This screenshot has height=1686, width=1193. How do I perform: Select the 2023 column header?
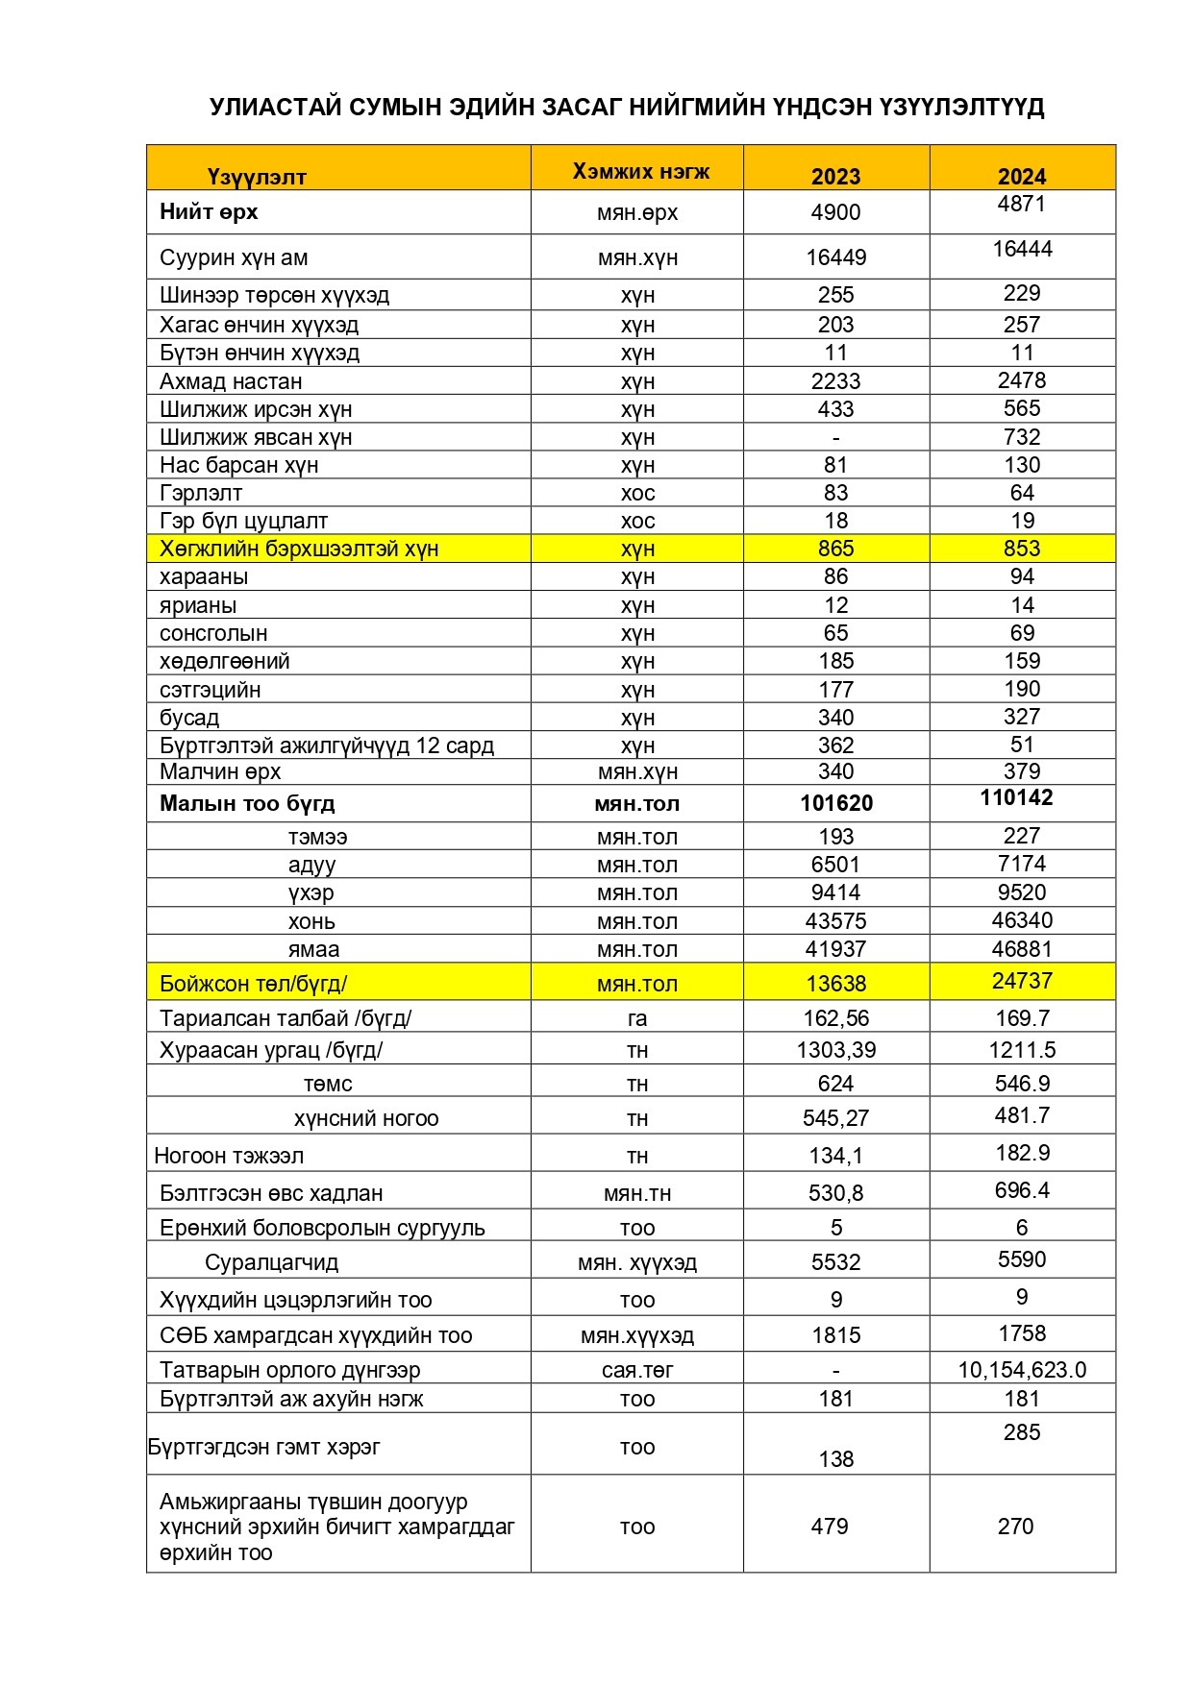(x=835, y=176)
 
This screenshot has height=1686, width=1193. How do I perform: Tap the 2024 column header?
(x=1021, y=176)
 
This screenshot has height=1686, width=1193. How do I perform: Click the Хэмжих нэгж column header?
(x=640, y=171)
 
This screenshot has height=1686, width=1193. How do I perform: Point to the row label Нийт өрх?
(x=209, y=211)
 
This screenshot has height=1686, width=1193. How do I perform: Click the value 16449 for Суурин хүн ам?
(x=835, y=257)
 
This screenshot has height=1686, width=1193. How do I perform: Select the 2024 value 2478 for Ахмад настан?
(x=1021, y=380)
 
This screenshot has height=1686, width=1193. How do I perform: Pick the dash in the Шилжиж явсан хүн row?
(x=835, y=438)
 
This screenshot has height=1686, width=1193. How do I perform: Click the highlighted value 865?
(x=835, y=549)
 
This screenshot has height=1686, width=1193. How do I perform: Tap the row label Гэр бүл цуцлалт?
(x=243, y=521)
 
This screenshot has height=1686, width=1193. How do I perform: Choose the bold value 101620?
(x=835, y=803)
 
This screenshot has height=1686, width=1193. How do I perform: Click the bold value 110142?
(x=1016, y=797)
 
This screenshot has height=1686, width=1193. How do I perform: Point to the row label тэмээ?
(x=317, y=837)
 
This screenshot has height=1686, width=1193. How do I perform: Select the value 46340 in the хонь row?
(x=1021, y=920)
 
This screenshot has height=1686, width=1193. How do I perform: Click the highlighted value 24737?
(x=1021, y=981)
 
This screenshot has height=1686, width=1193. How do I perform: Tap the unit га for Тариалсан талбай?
(x=636, y=1018)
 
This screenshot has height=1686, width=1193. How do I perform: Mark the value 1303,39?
(x=835, y=1050)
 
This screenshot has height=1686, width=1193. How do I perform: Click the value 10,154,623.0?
(x=1021, y=1370)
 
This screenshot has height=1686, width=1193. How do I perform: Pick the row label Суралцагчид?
(x=271, y=1262)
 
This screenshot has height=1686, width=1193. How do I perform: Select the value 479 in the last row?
(x=829, y=1527)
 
